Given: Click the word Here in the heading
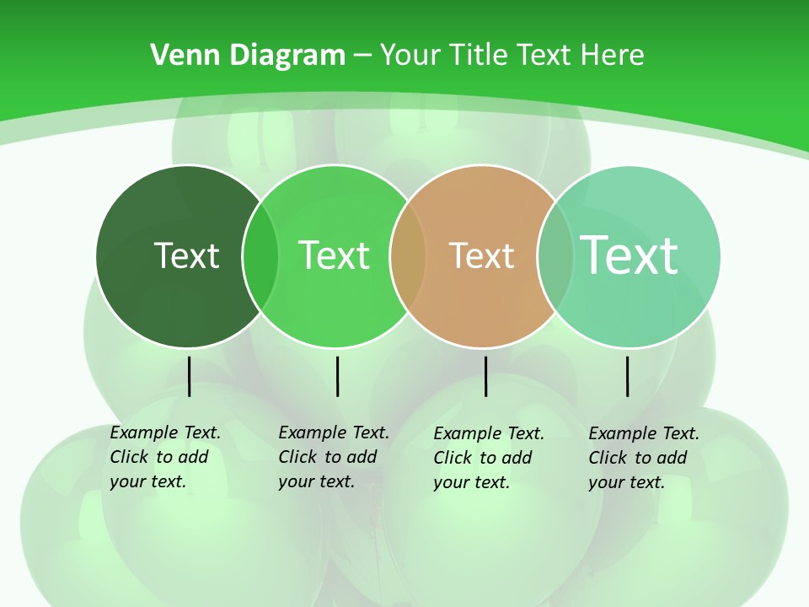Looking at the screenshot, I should [x=613, y=56].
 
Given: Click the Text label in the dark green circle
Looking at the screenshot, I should [x=186, y=255].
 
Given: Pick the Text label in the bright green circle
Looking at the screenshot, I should [x=334, y=255].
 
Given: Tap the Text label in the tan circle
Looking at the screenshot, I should [x=481, y=255].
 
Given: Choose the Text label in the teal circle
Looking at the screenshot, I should [x=629, y=255].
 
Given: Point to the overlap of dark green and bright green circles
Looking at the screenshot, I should [x=260, y=256].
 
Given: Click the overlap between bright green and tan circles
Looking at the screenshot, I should [x=408, y=256].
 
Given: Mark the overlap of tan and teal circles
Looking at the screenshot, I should [x=555, y=256].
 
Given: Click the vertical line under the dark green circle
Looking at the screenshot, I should [x=189, y=376].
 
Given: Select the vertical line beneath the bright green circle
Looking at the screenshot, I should [x=337, y=376].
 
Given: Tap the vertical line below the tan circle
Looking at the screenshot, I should [x=485, y=376].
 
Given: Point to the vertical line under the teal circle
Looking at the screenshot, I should [x=627, y=376].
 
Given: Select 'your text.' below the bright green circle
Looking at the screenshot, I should [x=316, y=481].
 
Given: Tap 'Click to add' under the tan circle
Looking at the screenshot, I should [x=483, y=458].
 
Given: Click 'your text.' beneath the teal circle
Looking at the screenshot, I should [x=626, y=482].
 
